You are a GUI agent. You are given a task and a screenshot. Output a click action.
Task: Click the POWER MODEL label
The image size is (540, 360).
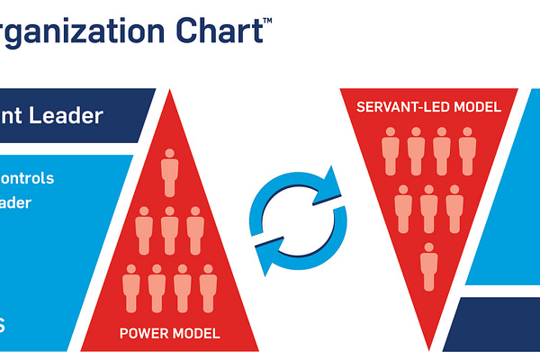pos(169,334)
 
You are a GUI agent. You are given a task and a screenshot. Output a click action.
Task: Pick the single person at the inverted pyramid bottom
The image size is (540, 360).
pos(428,265)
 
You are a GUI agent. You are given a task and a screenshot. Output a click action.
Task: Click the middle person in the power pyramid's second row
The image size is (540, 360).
pos(168,230)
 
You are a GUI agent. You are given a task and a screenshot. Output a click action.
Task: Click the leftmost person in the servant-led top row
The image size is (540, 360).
pos(391,149)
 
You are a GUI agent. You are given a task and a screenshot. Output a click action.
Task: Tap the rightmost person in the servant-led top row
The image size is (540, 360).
pos(466,149)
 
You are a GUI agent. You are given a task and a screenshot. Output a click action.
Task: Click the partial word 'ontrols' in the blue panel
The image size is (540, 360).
pos(27,178)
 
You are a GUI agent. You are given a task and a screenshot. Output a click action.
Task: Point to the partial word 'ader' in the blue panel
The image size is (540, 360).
pos(16,203)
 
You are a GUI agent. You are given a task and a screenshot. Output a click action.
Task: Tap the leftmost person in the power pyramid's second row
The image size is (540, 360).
pos(143,230)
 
